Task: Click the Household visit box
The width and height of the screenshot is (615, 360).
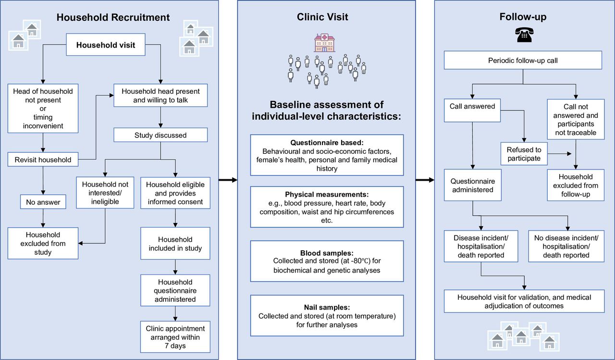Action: click(x=106, y=45)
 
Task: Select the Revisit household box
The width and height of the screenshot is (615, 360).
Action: click(x=43, y=160)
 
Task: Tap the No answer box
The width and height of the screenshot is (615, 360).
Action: click(x=43, y=202)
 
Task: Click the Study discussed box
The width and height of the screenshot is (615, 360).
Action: click(x=160, y=135)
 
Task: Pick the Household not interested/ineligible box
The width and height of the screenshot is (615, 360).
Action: click(x=105, y=192)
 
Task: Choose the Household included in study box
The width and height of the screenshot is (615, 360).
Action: click(x=175, y=243)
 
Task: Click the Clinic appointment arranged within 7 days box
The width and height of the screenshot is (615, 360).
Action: click(x=175, y=337)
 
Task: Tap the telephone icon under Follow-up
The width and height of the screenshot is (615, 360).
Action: click(x=524, y=35)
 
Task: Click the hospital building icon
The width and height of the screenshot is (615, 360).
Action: click(x=324, y=43)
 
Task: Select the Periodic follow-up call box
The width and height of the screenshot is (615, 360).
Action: click(x=523, y=60)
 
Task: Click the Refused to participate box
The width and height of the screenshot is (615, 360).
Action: click(x=524, y=154)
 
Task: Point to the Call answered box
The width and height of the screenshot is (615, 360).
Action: click(x=472, y=111)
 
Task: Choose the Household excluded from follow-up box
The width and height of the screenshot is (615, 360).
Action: click(x=576, y=185)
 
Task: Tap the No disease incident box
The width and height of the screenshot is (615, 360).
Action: click(x=566, y=246)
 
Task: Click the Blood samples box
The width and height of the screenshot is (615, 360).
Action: click(x=327, y=261)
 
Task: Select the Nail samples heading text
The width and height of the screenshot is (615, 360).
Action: click(x=327, y=307)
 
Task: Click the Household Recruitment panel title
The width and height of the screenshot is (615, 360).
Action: click(x=113, y=17)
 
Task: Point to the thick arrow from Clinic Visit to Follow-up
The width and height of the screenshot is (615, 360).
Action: click(x=425, y=180)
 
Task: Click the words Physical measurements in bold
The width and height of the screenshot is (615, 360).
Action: click(x=327, y=194)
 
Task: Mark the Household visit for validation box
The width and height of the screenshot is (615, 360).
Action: click(x=524, y=301)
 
